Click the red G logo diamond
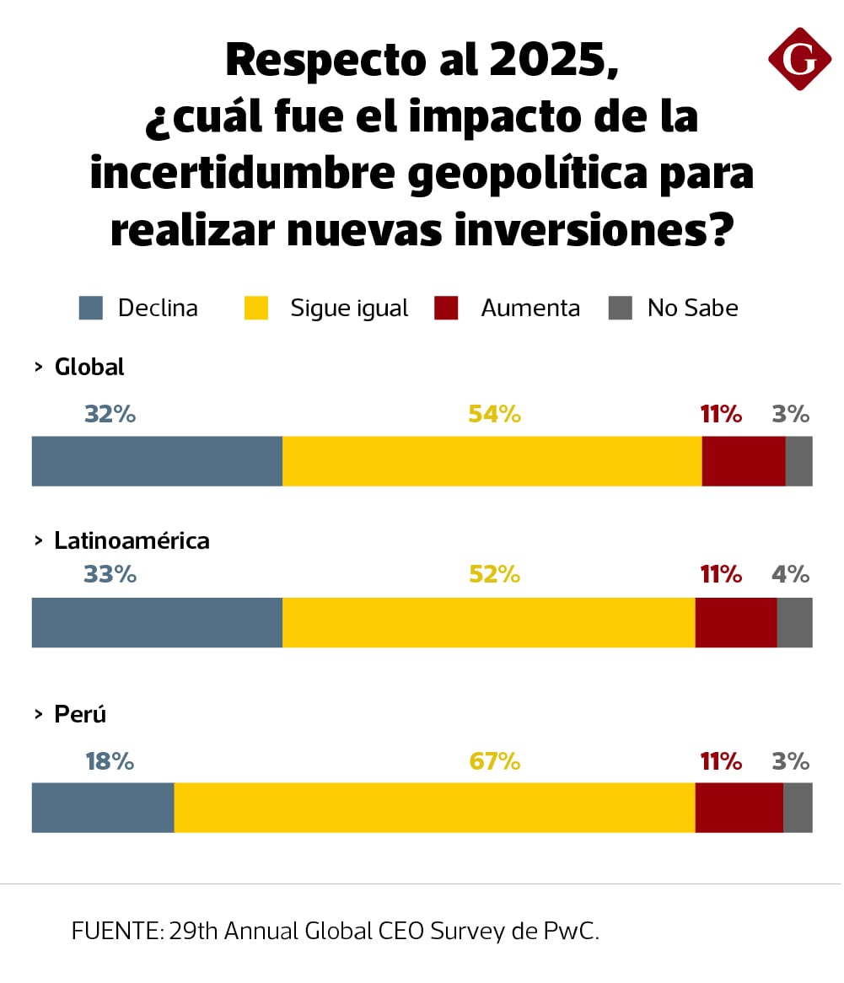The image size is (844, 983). pos(799,59)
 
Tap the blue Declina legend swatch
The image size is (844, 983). pos(90,309)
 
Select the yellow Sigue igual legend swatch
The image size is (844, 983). pos(256,309)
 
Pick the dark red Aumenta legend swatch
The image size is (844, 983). pos(446,309)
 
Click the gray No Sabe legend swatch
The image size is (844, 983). pos(620,309)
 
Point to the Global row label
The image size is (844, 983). pos(89,368)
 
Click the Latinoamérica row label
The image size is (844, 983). pos(132,540)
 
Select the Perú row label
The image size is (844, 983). pos(80,715)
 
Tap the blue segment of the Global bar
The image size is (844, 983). pos(157,461)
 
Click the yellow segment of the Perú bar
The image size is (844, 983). pos(434,808)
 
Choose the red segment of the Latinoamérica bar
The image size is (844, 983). pos(735,622)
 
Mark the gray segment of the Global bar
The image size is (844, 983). pos(798,461)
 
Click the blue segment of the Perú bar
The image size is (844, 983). pos(103,808)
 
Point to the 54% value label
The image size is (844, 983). pos(495,414)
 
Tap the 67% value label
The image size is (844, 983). pos(495,762)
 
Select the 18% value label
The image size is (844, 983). pos(110,762)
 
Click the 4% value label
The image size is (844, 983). pos(791,575)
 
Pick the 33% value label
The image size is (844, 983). pos(110,575)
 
